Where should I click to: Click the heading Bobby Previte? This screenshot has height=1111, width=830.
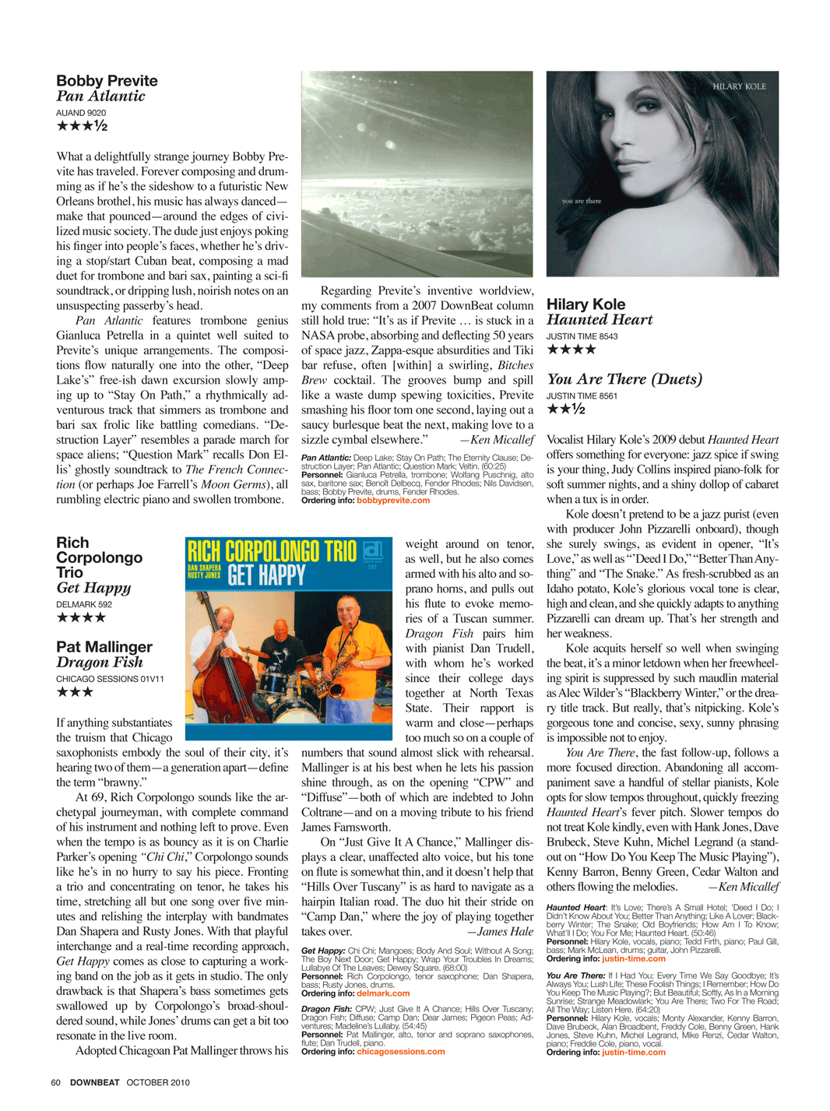[x=107, y=81]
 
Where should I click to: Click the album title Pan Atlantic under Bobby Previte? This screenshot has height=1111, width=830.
[x=100, y=97]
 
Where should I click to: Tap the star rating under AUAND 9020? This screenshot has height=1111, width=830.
[x=82, y=126]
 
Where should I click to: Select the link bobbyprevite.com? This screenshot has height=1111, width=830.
[x=393, y=501]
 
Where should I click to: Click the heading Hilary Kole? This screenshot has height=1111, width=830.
[x=586, y=304]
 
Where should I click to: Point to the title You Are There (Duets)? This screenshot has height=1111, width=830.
[x=624, y=379]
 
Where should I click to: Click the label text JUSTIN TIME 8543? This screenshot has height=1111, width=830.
[x=582, y=336]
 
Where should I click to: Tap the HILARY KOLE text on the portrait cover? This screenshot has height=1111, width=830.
[x=739, y=86]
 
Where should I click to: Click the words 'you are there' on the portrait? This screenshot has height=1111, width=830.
[x=582, y=201]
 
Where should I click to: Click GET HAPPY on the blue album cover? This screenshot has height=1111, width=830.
[x=266, y=575]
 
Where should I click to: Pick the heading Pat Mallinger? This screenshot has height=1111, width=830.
[x=104, y=647]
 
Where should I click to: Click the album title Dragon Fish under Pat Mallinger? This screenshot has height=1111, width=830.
[x=100, y=663]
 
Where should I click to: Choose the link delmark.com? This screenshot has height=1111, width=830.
[x=383, y=993]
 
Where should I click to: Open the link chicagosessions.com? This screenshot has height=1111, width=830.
[x=401, y=1052]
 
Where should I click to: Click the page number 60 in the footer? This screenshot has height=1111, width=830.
[x=55, y=1082]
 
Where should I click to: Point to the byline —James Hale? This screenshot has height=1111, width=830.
[x=500, y=932]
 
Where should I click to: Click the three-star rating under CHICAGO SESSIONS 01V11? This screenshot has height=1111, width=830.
[x=75, y=692]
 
